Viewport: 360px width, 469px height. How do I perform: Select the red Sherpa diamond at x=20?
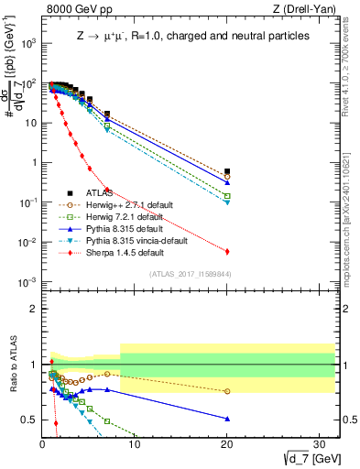(x=226, y=251)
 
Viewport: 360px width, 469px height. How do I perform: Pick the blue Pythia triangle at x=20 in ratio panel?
(x=226, y=419)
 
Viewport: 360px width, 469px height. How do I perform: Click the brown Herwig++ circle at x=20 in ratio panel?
(x=226, y=391)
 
